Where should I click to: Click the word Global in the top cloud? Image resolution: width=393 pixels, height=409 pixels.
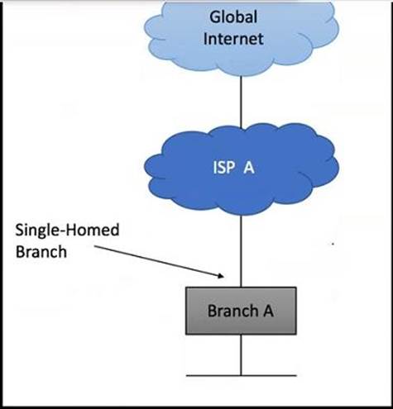pyautogui.click(x=233, y=17)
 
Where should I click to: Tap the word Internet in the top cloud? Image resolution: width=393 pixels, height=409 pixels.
pyautogui.click(x=233, y=39)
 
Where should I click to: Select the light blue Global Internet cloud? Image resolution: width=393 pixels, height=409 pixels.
pyautogui.click(x=242, y=38)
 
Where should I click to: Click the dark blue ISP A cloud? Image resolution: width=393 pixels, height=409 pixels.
pyautogui.click(x=242, y=169)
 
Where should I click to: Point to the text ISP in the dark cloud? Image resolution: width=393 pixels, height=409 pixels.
pyautogui.click(x=224, y=167)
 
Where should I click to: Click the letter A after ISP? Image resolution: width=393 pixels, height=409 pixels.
pyautogui.click(x=249, y=167)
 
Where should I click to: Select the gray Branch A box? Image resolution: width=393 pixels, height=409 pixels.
pyautogui.click(x=241, y=311)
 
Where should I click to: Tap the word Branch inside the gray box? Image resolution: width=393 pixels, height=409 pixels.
pyautogui.click(x=232, y=311)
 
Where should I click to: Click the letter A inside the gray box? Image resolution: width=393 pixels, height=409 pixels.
pyautogui.click(x=268, y=311)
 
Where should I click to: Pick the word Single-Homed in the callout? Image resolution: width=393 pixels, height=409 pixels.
pyautogui.click(x=67, y=230)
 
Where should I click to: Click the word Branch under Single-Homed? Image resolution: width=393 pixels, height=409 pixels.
pyautogui.click(x=41, y=252)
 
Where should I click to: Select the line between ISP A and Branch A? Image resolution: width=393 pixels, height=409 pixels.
pyautogui.click(x=242, y=251)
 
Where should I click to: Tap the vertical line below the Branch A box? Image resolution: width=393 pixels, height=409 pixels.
pyautogui.click(x=242, y=355)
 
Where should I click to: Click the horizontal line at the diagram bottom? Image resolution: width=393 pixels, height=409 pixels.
pyautogui.click(x=242, y=375)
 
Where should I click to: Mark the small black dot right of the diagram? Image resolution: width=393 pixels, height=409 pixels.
pyautogui.click(x=333, y=244)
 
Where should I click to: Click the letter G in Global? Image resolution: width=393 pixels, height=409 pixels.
pyautogui.click(x=214, y=17)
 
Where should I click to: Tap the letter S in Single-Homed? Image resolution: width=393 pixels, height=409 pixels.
pyautogui.click(x=19, y=230)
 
